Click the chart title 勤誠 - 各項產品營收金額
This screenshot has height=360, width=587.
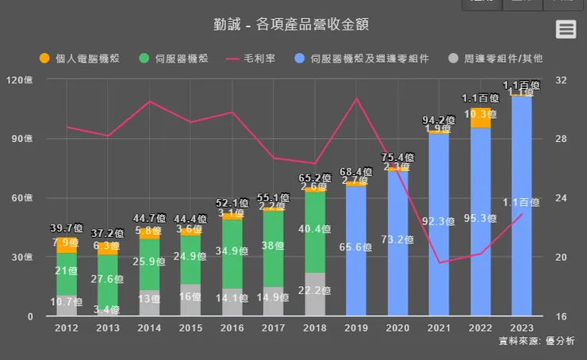click(x=292, y=24)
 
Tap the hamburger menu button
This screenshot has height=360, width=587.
click(x=566, y=29)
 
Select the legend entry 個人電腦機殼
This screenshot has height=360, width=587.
click(x=79, y=59)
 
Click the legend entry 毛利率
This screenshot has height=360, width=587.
click(x=251, y=59)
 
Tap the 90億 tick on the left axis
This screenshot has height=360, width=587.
click(x=35, y=139)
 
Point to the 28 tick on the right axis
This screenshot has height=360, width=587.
click(x=562, y=139)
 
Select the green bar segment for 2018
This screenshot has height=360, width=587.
click(x=315, y=238)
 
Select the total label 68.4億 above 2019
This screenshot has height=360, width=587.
click(x=356, y=172)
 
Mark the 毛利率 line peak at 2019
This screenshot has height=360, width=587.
click(x=356, y=98)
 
